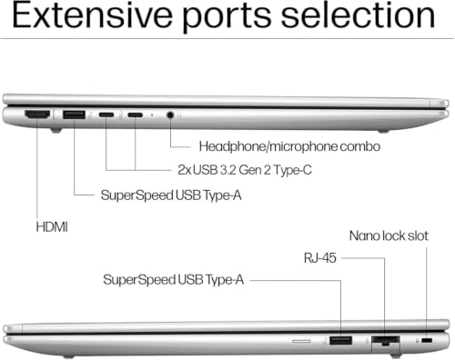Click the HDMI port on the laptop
pyautogui.click(x=37, y=115)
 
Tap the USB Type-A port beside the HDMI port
pyautogui.click(x=74, y=115)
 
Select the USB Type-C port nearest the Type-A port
pyautogui.click(x=106, y=115)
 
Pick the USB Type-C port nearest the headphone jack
pyautogui.click(x=135, y=115)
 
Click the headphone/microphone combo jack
pyautogui.click(x=170, y=115)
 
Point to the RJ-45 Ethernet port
pyautogui.click(x=385, y=341)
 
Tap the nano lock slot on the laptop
pyautogui.click(x=427, y=340)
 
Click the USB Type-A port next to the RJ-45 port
pyautogui.click(x=340, y=340)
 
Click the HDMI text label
pyautogui.click(x=52, y=227)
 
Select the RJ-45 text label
pyautogui.click(x=320, y=258)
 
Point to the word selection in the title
pyautogui.click(x=358, y=15)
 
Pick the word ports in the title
pyautogui.click(x=227, y=18)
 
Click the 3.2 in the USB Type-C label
pyautogui.click(x=227, y=170)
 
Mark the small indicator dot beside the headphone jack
pyautogui.click(x=152, y=115)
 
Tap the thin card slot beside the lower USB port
pyautogui.click(x=301, y=341)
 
